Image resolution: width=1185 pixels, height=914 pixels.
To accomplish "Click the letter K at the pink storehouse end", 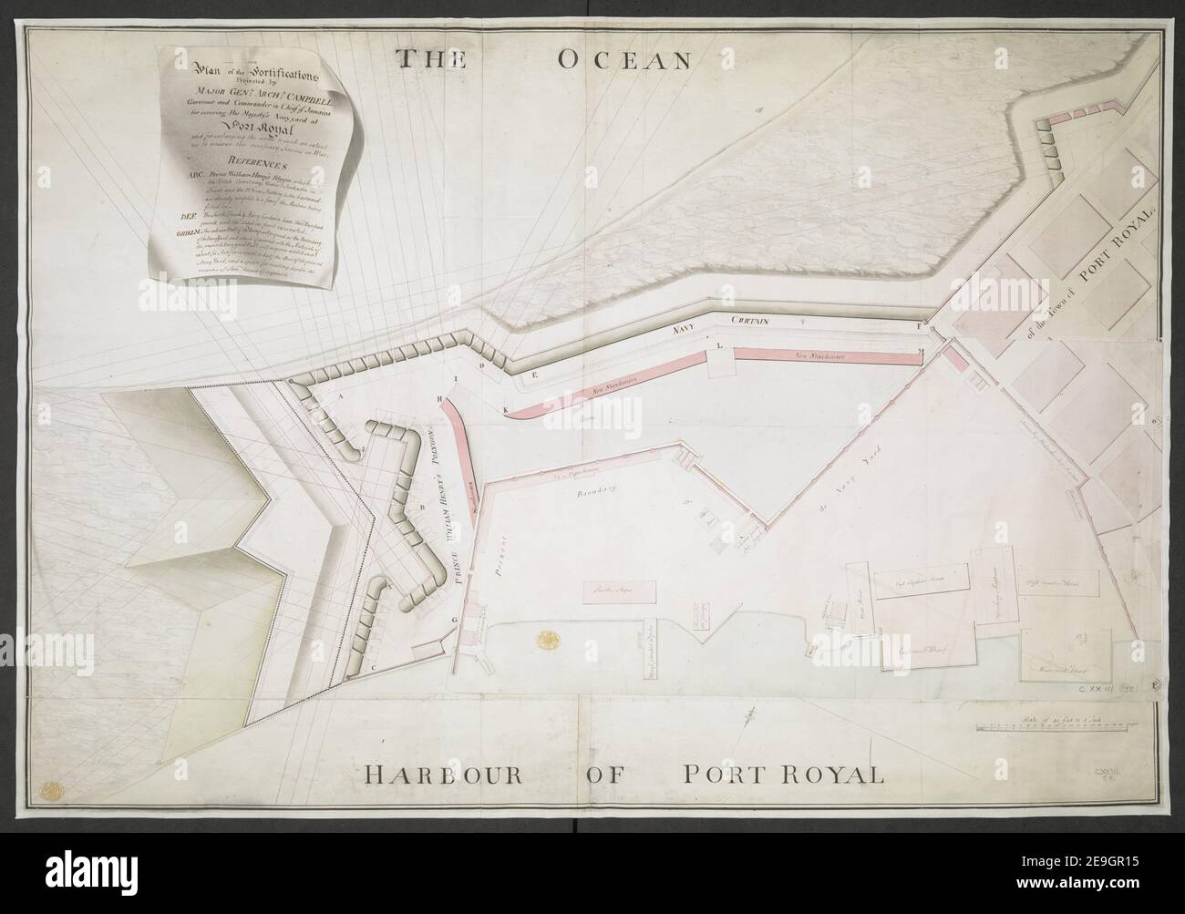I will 506,408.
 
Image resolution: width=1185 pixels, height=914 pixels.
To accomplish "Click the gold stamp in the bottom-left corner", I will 56,784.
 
